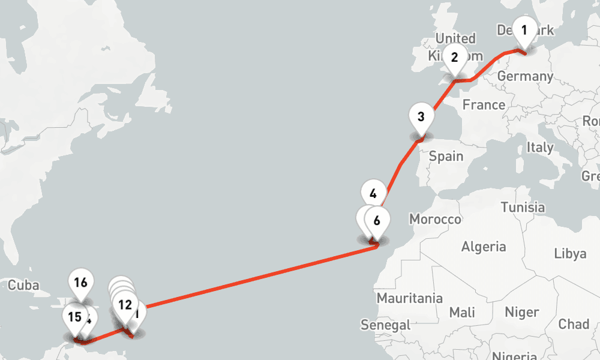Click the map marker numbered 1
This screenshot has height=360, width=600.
coord(524,30)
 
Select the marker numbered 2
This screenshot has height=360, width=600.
coord(454,58)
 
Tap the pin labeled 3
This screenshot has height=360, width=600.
coord(421,117)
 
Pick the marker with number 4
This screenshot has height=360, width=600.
coord(373,194)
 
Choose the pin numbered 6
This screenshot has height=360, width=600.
coord(377,221)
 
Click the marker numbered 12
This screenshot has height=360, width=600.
coord(125,305)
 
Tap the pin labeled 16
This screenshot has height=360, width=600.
coord(81,283)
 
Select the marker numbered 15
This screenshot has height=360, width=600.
coord(75,317)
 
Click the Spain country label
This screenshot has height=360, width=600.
coord(446,157)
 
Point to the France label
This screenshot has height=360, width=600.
coord(484,105)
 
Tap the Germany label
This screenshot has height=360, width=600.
coord(525,77)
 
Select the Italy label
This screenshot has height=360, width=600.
coord(539,147)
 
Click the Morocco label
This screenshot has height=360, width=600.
coord(436,220)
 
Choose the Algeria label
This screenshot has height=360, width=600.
coord(483,247)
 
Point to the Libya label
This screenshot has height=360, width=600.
coord(570,253)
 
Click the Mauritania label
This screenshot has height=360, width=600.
coord(409,298)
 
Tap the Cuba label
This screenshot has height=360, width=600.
coord(24,285)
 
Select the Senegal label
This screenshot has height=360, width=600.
coord(385,325)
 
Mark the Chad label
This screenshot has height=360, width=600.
coord(574,325)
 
